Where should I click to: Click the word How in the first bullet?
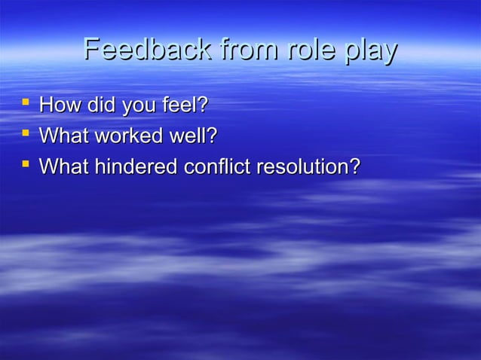(x=60, y=105)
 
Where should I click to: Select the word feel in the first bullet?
(x=182, y=105)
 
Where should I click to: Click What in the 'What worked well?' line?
(x=63, y=136)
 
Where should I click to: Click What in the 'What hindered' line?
(x=63, y=166)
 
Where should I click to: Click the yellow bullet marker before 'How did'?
(x=25, y=102)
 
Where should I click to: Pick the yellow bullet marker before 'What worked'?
(x=25, y=133)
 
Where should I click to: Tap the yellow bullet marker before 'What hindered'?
(x=25, y=163)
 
